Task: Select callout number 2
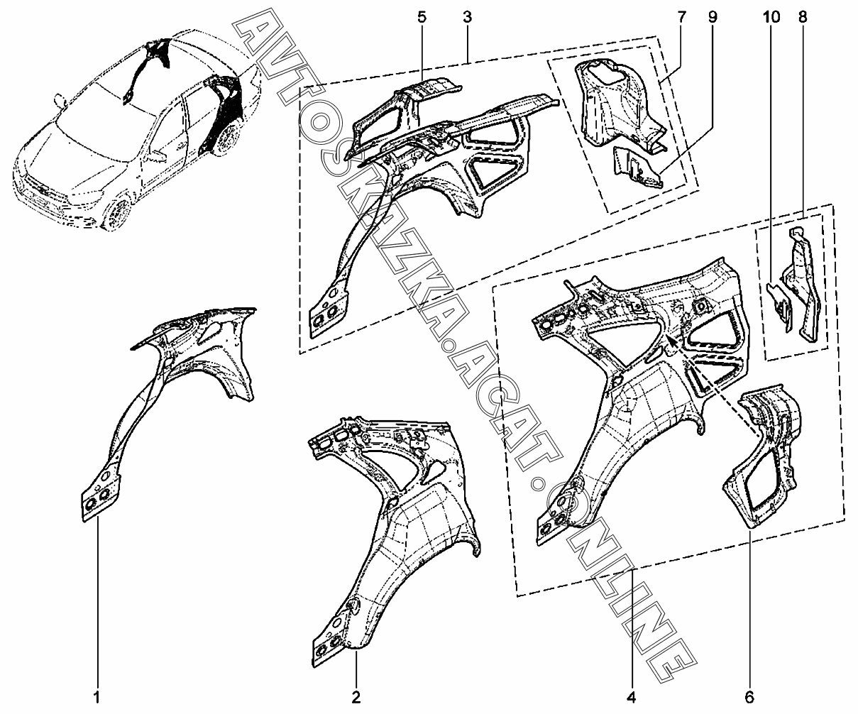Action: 357,695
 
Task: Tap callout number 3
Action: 467,17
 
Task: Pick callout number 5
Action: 422,17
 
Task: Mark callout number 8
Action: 803,17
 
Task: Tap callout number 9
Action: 712,17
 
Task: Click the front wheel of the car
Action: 117,212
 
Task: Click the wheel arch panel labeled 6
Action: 763,454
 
